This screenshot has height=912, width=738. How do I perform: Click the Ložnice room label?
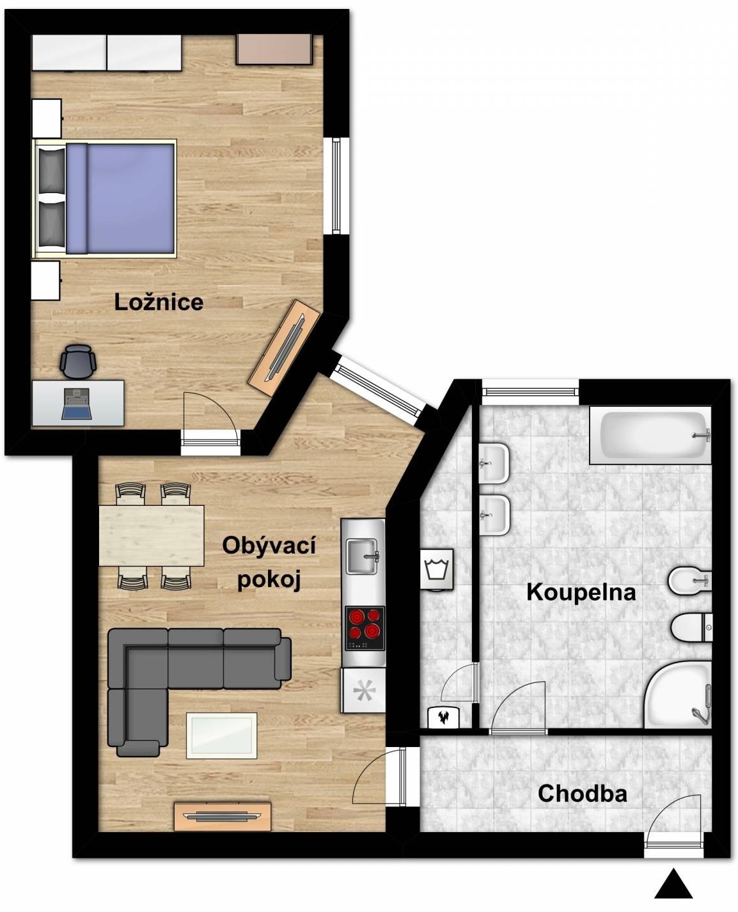click(x=159, y=303)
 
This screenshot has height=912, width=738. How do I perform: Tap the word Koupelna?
click(x=581, y=593)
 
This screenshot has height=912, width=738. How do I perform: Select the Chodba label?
click(x=582, y=794)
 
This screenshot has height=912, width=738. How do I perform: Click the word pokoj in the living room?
click(x=269, y=580)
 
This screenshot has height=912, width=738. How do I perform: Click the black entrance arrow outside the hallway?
click(x=673, y=883)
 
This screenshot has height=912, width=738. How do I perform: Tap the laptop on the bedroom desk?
click(x=77, y=404)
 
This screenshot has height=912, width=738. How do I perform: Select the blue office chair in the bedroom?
click(x=77, y=361)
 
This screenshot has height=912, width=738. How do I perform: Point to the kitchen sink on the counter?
click(x=363, y=556)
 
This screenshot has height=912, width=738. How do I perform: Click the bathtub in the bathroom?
click(x=650, y=435)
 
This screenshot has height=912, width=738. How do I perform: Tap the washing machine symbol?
click(x=437, y=569)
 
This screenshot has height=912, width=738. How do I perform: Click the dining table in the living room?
click(x=152, y=535)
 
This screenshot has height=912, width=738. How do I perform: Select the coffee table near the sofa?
click(x=222, y=735)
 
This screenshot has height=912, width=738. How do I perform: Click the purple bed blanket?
click(x=121, y=198)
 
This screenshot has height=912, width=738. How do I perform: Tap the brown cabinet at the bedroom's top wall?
click(x=274, y=49)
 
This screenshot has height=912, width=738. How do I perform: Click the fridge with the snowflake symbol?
click(x=363, y=690)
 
